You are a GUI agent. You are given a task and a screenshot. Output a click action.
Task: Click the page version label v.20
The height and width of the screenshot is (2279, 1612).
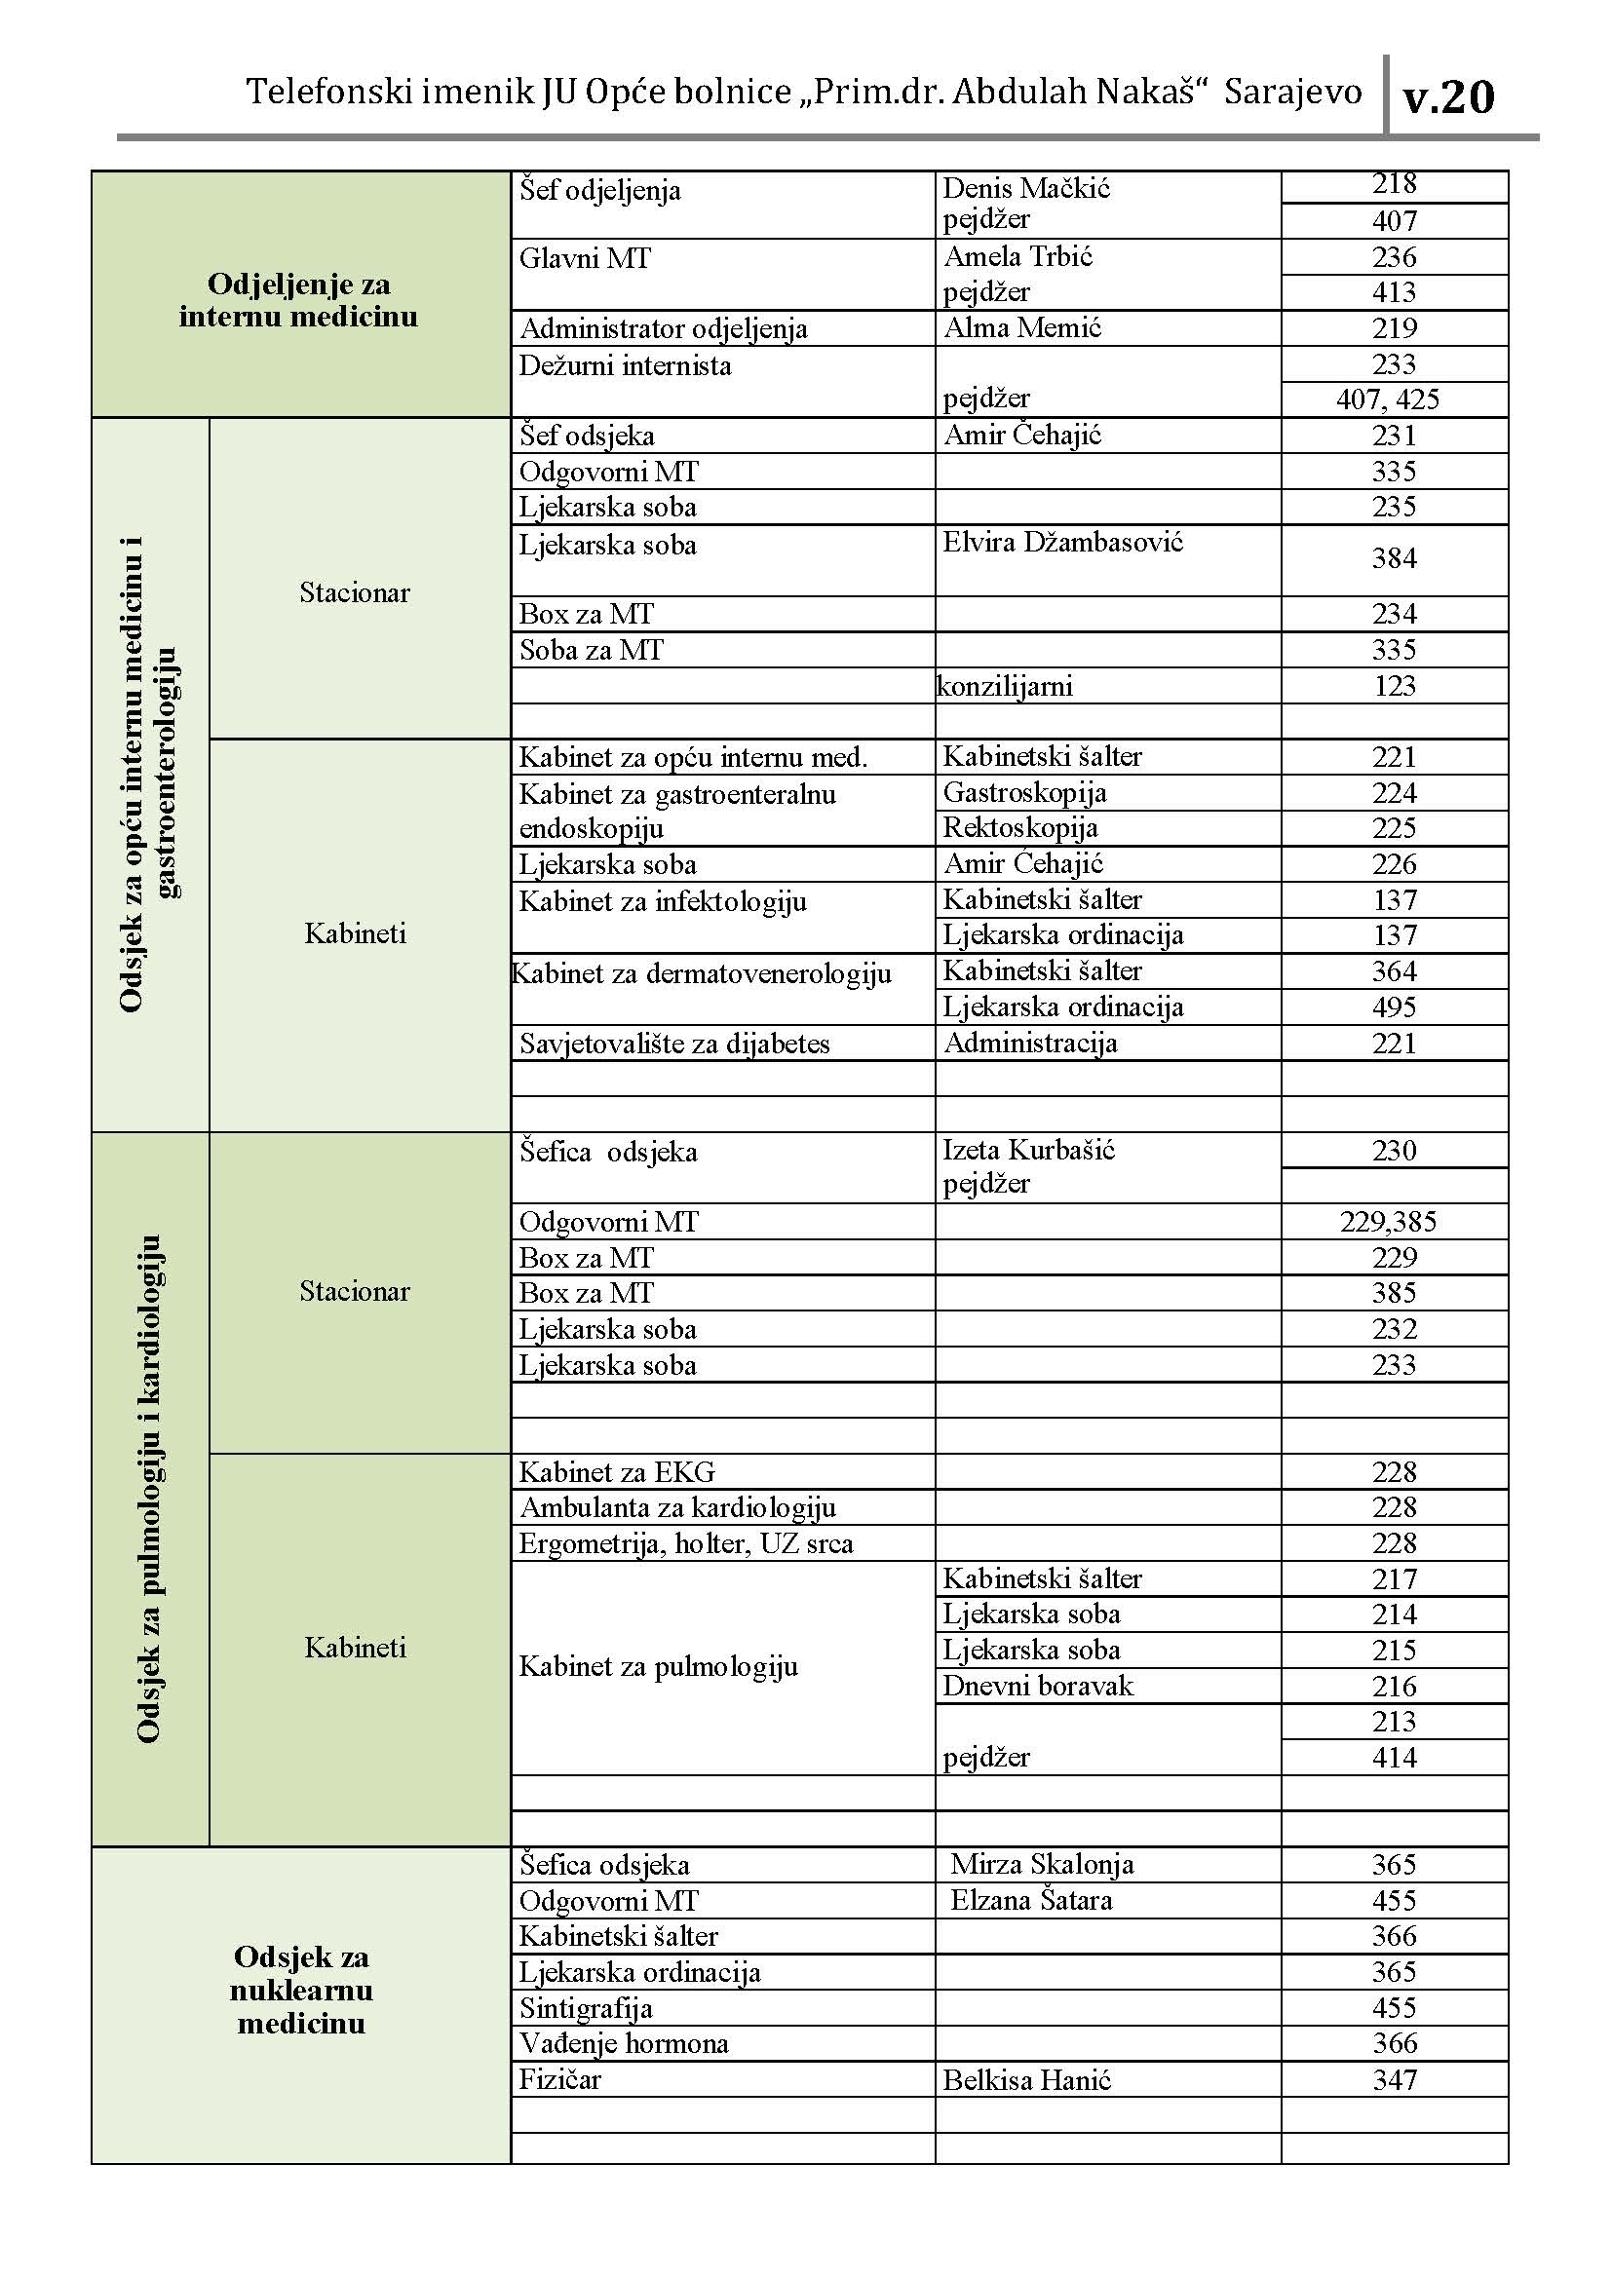[1448, 98]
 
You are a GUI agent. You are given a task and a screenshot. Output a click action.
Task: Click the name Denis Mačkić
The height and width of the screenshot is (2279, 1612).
[1025, 188]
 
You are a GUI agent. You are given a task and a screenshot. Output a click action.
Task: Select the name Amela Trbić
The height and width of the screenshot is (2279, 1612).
[1017, 257]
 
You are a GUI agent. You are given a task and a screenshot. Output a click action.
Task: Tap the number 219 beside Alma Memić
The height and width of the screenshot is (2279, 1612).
[1394, 328]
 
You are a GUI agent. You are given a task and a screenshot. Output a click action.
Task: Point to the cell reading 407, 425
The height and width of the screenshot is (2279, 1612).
[1388, 400]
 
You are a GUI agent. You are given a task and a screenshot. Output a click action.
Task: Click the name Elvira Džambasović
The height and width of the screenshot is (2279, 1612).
[1062, 543]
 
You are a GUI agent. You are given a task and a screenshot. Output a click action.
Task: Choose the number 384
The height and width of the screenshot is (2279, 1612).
[1394, 559]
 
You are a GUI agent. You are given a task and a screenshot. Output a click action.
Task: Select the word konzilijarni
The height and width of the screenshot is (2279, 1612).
[1005, 686]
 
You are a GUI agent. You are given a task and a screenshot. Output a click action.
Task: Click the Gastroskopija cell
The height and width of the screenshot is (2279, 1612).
[1024, 793]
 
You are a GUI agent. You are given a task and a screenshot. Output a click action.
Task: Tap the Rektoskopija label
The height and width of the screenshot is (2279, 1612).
[1019, 828]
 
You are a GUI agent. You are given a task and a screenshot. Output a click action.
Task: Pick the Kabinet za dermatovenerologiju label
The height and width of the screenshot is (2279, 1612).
[702, 973]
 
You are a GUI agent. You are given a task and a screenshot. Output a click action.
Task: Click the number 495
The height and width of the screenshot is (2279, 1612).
[1394, 1007]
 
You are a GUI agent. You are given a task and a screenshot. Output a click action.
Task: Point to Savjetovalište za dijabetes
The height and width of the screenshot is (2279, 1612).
[674, 1044]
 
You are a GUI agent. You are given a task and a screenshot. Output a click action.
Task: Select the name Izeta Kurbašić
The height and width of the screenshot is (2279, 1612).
[1028, 1151]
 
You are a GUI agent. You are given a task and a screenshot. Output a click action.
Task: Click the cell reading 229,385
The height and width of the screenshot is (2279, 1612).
[1388, 1222]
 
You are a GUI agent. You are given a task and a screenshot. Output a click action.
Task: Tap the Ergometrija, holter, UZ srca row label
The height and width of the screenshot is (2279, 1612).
[686, 1543]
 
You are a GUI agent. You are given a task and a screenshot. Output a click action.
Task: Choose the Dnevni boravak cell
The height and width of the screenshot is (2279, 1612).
[1037, 1687]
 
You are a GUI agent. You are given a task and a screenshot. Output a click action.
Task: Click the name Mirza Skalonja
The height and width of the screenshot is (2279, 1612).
[1041, 1865]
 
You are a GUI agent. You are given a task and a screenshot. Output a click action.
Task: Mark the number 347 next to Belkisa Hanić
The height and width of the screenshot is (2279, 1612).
[1394, 2079]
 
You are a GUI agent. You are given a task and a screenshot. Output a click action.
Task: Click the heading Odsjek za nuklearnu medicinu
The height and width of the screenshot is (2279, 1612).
[301, 1990]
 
